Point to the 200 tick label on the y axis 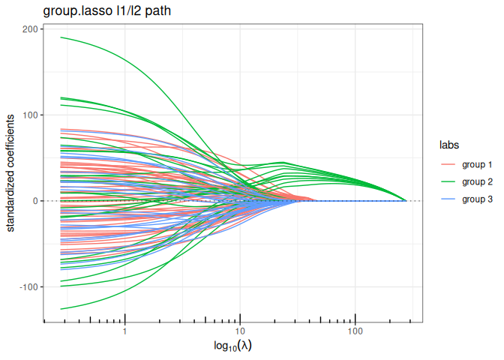30,28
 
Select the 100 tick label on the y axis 30,115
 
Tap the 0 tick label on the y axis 35,201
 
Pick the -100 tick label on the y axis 28,287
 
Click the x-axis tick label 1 124,331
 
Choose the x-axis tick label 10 240,331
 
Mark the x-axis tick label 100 355,331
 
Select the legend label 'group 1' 477,164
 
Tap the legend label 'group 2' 477,181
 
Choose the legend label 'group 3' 477,199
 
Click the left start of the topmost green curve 61,37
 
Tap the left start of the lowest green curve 61,309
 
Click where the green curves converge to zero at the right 406,201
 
